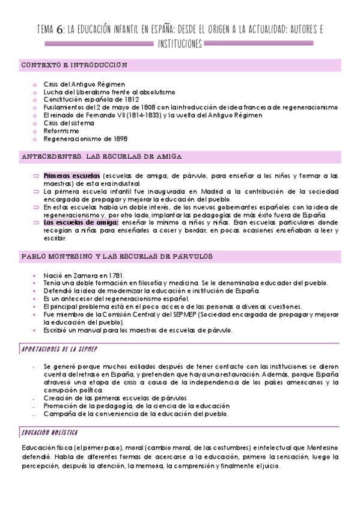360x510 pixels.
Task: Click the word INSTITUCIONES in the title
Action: click(x=180, y=43)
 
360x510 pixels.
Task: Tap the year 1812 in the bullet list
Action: click(x=132, y=99)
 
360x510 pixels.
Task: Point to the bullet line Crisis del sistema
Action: click(x=69, y=123)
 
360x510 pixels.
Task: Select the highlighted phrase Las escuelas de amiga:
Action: click(x=76, y=222)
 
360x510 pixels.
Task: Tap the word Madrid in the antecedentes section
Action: click(x=203, y=191)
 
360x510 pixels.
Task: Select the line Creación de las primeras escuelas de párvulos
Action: click(x=115, y=398)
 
